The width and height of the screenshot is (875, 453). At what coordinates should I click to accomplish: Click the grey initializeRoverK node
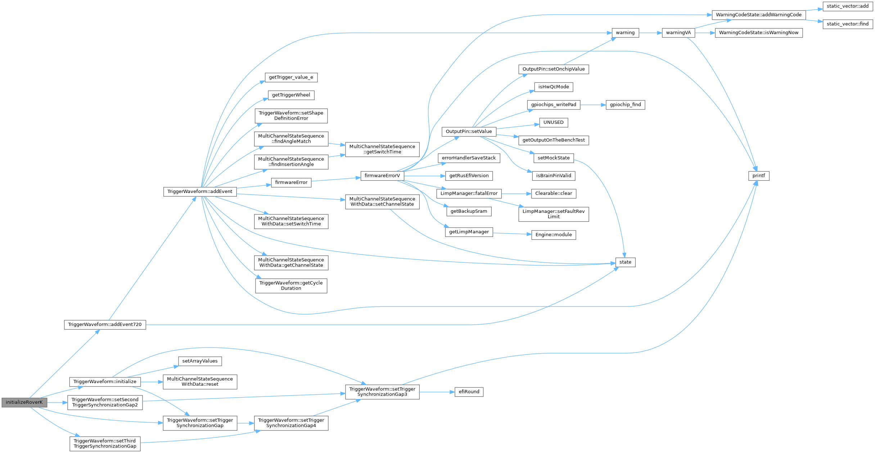(24, 402)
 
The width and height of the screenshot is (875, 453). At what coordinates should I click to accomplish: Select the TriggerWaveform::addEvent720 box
(105, 324)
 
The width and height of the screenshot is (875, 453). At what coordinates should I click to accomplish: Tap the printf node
(759, 176)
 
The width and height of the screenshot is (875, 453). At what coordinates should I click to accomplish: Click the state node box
(625, 262)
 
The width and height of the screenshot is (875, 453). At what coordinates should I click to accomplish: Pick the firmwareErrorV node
(382, 176)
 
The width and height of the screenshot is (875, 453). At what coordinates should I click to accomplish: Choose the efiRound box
(469, 392)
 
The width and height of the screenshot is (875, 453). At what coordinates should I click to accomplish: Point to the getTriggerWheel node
(291, 95)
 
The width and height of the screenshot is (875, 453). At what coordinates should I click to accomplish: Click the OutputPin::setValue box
(469, 131)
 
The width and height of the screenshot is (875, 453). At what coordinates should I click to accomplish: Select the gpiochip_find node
(625, 105)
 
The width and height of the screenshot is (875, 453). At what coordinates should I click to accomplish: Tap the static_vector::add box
(848, 6)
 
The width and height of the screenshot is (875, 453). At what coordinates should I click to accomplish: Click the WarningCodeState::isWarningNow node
(759, 33)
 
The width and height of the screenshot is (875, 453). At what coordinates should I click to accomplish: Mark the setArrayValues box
(200, 361)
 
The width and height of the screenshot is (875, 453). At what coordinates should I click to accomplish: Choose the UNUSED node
(553, 122)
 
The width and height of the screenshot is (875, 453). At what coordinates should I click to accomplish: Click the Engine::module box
(553, 235)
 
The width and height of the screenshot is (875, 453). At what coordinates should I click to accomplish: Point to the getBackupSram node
(469, 211)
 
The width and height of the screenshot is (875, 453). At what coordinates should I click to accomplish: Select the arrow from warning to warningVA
(650, 33)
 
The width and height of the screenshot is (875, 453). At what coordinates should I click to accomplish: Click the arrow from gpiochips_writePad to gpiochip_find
(593, 105)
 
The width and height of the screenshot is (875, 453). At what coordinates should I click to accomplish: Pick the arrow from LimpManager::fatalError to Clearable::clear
(516, 193)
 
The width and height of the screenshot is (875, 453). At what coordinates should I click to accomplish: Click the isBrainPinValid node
(554, 176)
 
